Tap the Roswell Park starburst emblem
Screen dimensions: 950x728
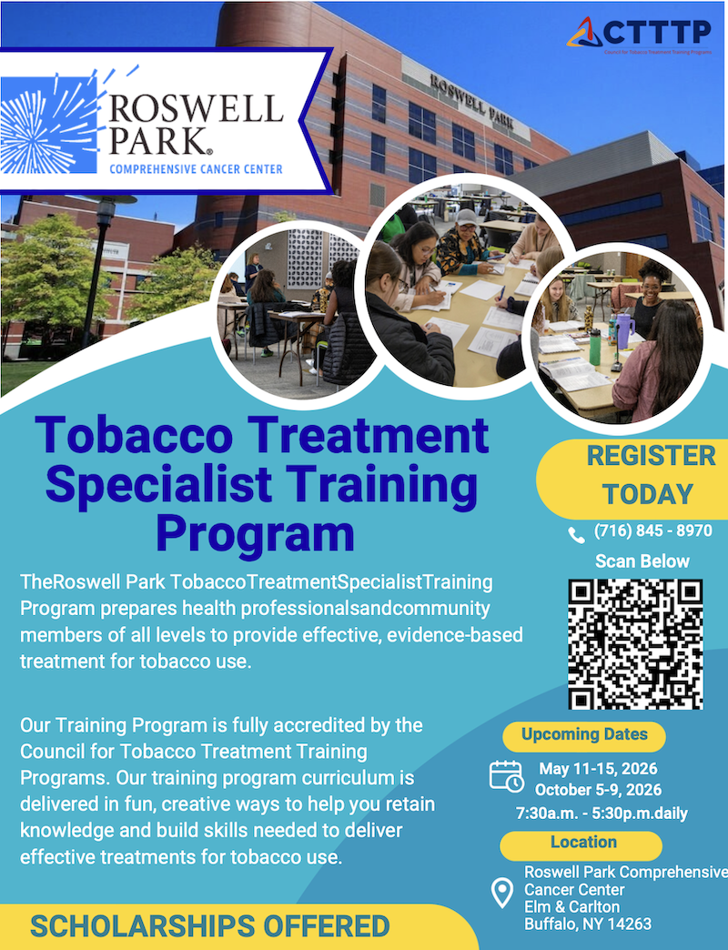(45, 125)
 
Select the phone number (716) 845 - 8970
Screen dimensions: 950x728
(652, 531)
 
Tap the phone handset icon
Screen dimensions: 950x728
(576, 534)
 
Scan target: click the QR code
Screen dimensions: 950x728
(636, 643)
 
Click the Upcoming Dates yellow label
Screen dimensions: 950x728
(584, 734)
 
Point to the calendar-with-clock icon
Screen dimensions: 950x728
(506, 775)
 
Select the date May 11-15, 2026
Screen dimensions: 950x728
(598, 769)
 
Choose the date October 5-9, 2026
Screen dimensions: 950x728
(598, 789)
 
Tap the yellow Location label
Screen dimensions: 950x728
(583, 843)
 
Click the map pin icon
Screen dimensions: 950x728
(501, 893)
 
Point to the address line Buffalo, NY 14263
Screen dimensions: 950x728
(587, 925)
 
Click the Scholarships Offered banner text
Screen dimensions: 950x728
(209, 927)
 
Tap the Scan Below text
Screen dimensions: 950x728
(642, 561)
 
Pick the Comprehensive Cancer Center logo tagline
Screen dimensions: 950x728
(196, 168)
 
